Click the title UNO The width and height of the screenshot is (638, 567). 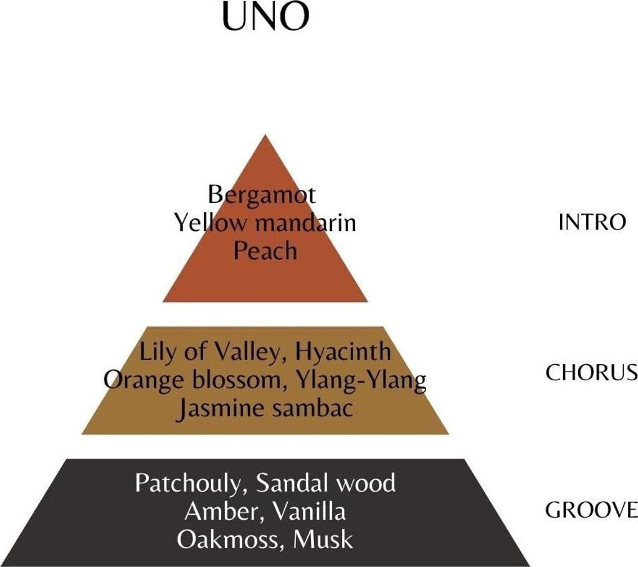point(265,17)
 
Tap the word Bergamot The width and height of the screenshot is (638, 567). point(262,195)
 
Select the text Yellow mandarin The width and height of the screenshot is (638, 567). point(265,222)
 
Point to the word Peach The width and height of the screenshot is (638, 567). point(265,250)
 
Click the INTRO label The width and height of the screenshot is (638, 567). point(592,222)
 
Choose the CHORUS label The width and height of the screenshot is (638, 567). point(591,372)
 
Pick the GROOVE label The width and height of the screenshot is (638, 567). point(591,510)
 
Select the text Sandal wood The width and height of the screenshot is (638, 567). point(326,483)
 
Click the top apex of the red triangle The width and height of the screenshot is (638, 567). point(265,136)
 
